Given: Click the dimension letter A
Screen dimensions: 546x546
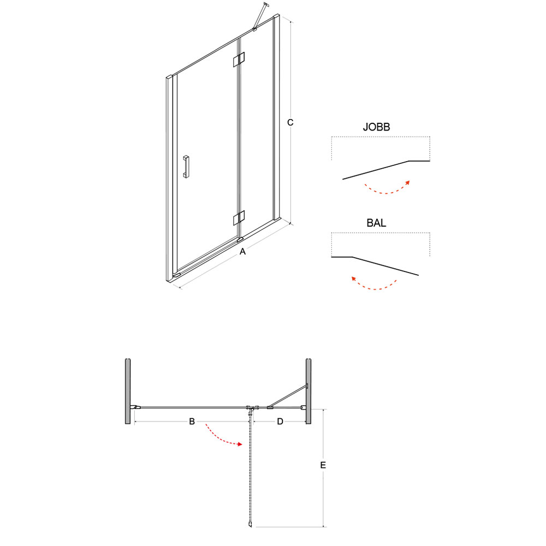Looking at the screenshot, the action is point(243,251).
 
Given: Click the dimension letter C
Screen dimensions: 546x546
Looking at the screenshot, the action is point(290,122).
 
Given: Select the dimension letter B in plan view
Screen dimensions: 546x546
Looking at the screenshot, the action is point(192,422).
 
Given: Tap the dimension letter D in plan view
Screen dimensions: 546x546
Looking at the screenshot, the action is point(280,422).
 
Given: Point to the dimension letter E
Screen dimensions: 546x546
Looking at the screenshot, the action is point(323,465).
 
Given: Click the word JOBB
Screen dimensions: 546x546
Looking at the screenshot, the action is point(376,127).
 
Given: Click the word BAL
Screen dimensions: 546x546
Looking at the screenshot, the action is point(376,223).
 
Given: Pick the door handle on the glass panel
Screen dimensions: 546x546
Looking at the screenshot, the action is point(186,167).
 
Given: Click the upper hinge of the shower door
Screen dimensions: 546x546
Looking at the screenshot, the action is point(239,60).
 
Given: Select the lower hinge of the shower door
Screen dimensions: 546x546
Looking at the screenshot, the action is point(239,218).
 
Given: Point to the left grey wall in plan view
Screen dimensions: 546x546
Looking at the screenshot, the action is point(128,391).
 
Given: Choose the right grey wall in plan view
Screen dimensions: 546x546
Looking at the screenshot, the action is point(308,391).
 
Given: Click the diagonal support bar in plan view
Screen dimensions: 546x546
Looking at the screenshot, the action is point(288,395).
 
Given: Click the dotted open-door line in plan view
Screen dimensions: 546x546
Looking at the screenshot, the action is point(250,468).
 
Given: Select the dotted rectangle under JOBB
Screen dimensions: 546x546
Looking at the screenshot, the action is point(381,137).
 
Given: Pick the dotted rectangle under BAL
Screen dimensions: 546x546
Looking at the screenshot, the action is point(381,233).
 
